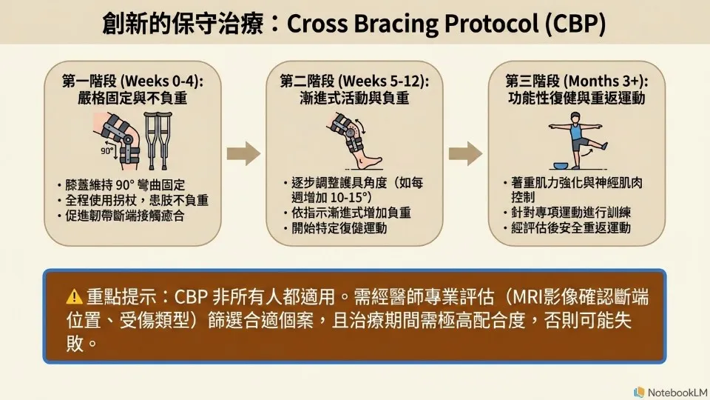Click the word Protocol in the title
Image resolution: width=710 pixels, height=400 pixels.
tap(492, 24)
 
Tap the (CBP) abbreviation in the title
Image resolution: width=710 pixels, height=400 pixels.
tap(575, 24)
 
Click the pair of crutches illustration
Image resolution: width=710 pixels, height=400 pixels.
tap(158, 140)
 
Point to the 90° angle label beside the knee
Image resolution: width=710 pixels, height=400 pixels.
tap(107, 150)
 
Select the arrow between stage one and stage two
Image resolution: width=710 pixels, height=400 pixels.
tap(243, 153)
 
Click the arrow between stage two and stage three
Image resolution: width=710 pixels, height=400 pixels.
tap(465, 153)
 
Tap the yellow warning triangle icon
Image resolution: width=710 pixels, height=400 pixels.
tap(74, 297)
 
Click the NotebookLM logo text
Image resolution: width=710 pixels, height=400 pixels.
tap(677, 393)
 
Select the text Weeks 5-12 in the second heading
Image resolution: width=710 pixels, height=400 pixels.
tap(382, 81)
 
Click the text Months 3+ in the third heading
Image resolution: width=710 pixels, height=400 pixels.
tap(603, 81)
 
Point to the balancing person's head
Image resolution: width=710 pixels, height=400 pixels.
tap(575, 117)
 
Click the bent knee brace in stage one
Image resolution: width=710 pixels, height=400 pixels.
tap(118, 139)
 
